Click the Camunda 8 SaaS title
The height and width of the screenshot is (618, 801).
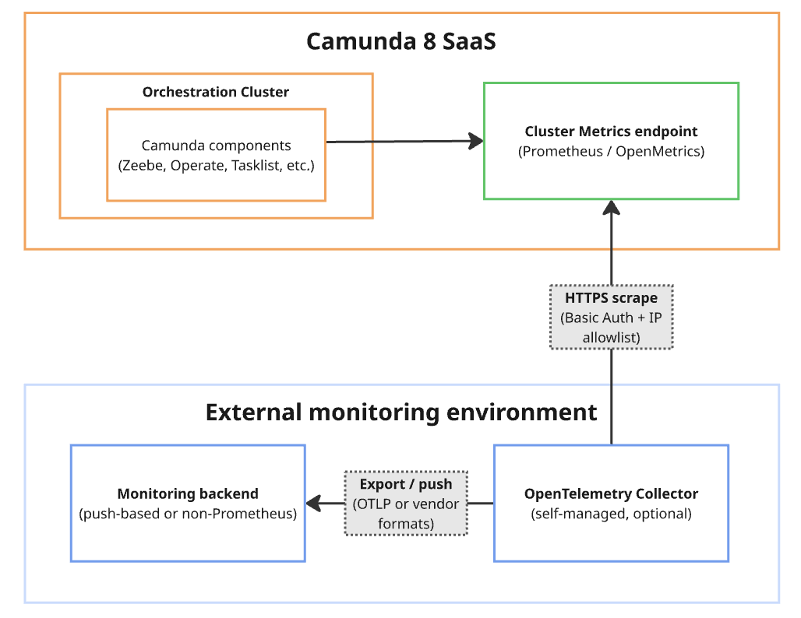[401, 41]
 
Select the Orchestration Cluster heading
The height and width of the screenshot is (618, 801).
[216, 92]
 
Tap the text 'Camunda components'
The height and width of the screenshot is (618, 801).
[216, 146]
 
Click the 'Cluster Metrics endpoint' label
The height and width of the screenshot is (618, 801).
[611, 132]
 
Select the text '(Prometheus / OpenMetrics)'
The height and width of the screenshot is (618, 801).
[611, 152]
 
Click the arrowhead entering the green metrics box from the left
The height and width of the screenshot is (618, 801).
[475, 141]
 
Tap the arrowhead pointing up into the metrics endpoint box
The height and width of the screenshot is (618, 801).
[611, 208]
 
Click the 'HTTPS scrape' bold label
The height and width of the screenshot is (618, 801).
[611, 298]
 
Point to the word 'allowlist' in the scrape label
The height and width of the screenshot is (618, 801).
[611, 337]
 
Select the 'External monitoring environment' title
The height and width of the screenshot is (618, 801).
[401, 412]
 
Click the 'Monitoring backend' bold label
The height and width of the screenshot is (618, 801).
[188, 493]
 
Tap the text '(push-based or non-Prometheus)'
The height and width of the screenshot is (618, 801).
[188, 514]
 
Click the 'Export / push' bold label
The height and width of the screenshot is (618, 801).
[405, 484]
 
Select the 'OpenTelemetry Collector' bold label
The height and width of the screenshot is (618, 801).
[611, 493]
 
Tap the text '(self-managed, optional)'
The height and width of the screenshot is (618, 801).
[611, 514]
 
